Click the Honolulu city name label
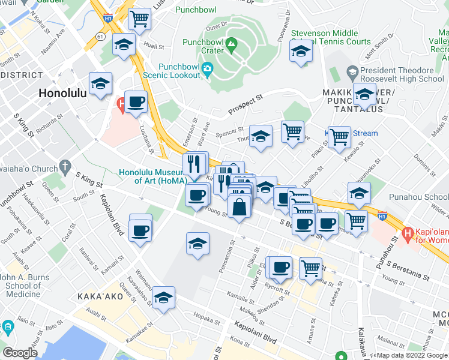coord(62,93)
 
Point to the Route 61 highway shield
coord(98,37)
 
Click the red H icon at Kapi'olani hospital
coord(408,233)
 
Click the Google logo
coord(20,353)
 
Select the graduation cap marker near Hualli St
coord(124,46)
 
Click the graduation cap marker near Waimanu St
coord(163,298)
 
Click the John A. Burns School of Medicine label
coord(28,286)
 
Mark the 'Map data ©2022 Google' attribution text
coord(412,355)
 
